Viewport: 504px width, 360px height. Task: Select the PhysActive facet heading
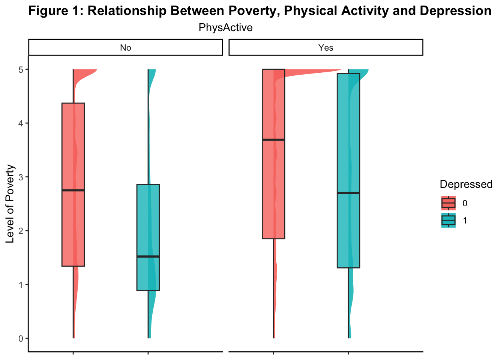[x=225, y=28]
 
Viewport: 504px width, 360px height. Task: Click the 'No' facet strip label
[x=125, y=48]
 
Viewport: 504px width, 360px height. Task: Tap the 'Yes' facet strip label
[x=325, y=48]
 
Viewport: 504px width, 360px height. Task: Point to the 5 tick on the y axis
[x=21, y=70]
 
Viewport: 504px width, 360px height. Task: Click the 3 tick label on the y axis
[x=21, y=177]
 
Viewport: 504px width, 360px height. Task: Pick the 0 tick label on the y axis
[x=21, y=338]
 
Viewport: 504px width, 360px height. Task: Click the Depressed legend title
[x=466, y=184]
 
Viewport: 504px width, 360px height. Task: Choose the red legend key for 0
[x=448, y=203]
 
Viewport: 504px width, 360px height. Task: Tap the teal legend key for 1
[x=448, y=220]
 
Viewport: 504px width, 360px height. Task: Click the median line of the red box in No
[x=73, y=190]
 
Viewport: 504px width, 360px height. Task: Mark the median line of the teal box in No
[x=148, y=256]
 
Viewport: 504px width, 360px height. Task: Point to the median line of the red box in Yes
[x=273, y=139]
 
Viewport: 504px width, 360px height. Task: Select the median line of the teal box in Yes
[x=348, y=193]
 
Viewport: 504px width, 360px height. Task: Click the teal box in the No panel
[x=148, y=225]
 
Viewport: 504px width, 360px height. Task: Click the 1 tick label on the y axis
[x=21, y=285]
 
